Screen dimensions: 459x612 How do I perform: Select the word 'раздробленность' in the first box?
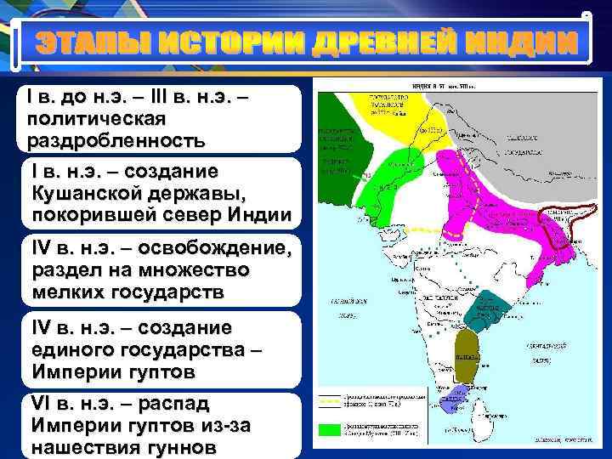116,139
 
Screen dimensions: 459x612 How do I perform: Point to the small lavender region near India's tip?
458,396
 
